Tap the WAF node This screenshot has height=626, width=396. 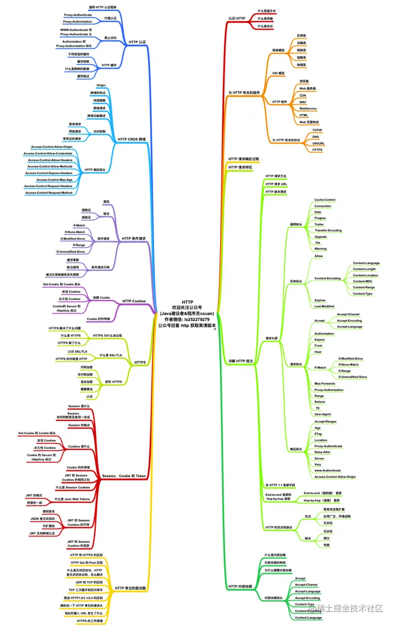click(302, 102)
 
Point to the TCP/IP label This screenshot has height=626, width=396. click(317, 130)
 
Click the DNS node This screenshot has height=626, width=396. click(316, 136)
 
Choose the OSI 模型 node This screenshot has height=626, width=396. click(278, 73)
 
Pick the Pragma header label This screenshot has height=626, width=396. click(320, 218)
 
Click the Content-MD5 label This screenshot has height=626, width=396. click(364, 281)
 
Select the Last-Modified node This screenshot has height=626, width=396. click(324, 307)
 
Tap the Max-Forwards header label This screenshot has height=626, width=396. click(325, 383)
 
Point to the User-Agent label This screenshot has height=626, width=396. click(323, 414)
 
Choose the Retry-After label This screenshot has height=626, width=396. click(323, 452)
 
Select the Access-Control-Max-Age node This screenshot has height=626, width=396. click(54, 179)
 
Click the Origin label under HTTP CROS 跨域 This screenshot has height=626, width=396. click(101, 86)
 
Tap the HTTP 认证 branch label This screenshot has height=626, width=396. click(137, 42)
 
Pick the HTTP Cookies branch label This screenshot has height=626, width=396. click(134, 301)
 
